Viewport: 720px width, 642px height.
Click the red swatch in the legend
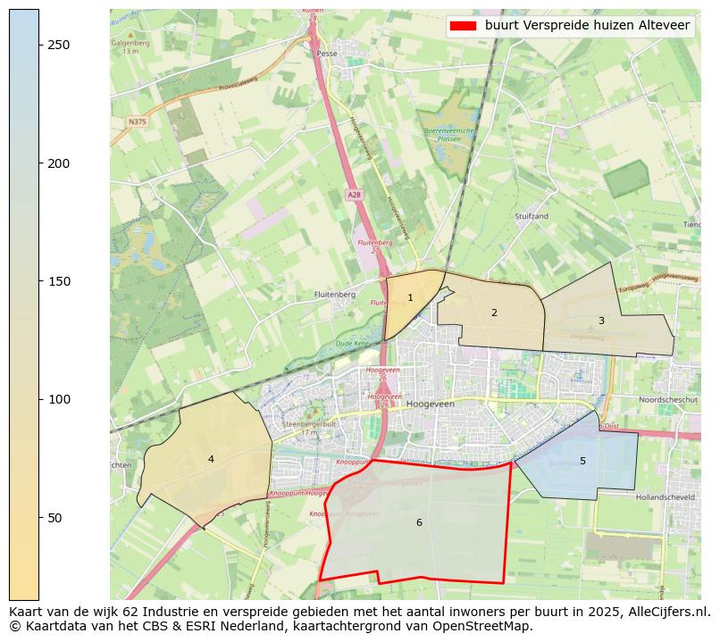click(463, 25)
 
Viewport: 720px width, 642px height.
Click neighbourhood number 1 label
click(410, 298)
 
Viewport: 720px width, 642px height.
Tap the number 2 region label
click(494, 313)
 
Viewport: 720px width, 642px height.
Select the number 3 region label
click(601, 321)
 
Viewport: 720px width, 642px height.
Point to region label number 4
click(211, 459)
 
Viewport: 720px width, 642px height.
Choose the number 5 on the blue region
click(582, 461)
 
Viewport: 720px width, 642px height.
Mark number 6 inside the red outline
click(419, 522)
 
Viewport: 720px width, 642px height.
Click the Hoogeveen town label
click(430, 404)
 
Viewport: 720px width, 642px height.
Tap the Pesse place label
click(326, 54)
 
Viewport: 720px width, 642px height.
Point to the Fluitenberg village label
click(335, 294)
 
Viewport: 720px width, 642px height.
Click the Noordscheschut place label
click(668, 400)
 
